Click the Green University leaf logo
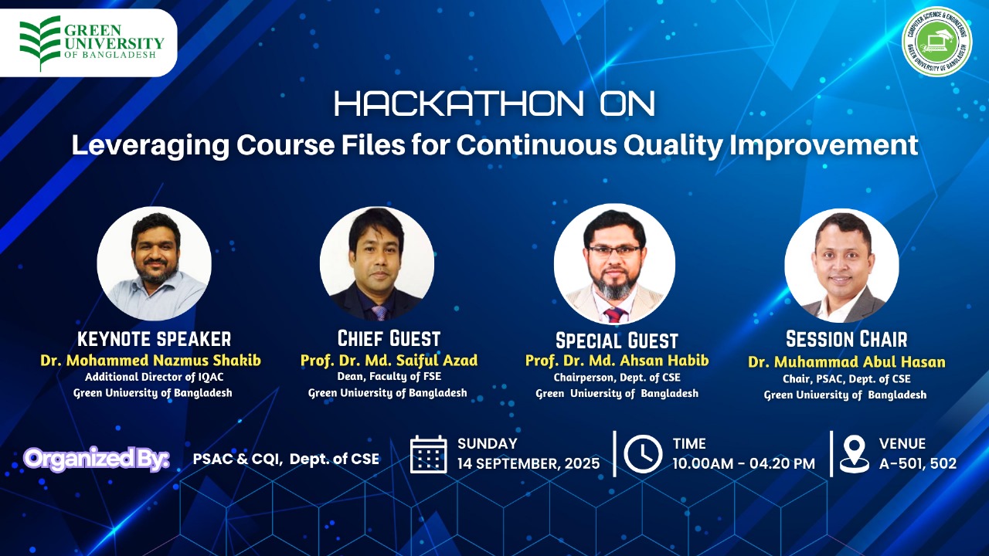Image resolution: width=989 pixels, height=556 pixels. (x=39, y=43)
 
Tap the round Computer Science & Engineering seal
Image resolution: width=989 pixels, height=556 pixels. (x=937, y=41)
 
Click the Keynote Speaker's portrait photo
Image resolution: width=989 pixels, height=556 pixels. (x=154, y=264)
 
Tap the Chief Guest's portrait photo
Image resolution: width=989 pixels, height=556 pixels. (x=376, y=264)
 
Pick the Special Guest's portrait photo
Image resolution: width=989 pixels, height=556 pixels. (x=614, y=264)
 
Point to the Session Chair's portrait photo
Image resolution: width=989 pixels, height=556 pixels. (x=841, y=265)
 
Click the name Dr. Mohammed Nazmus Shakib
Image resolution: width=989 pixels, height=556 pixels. (x=151, y=361)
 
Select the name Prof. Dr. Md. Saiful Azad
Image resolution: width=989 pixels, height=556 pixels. (x=389, y=361)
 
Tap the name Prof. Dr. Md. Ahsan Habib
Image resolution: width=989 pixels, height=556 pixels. (x=617, y=361)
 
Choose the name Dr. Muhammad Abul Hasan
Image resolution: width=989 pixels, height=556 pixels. (x=846, y=362)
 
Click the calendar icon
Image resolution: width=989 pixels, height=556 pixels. (x=428, y=454)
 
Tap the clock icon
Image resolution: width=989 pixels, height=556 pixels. (x=643, y=454)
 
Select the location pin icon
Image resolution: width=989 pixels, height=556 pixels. (x=855, y=454)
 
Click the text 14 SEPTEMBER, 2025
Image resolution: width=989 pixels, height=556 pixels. (x=528, y=464)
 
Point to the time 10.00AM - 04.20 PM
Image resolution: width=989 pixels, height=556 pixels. (x=744, y=464)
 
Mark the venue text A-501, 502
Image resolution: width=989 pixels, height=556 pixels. (x=918, y=464)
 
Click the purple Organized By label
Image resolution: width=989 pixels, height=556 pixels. (x=97, y=459)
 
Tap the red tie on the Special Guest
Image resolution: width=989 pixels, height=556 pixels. (x=615, y=315)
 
